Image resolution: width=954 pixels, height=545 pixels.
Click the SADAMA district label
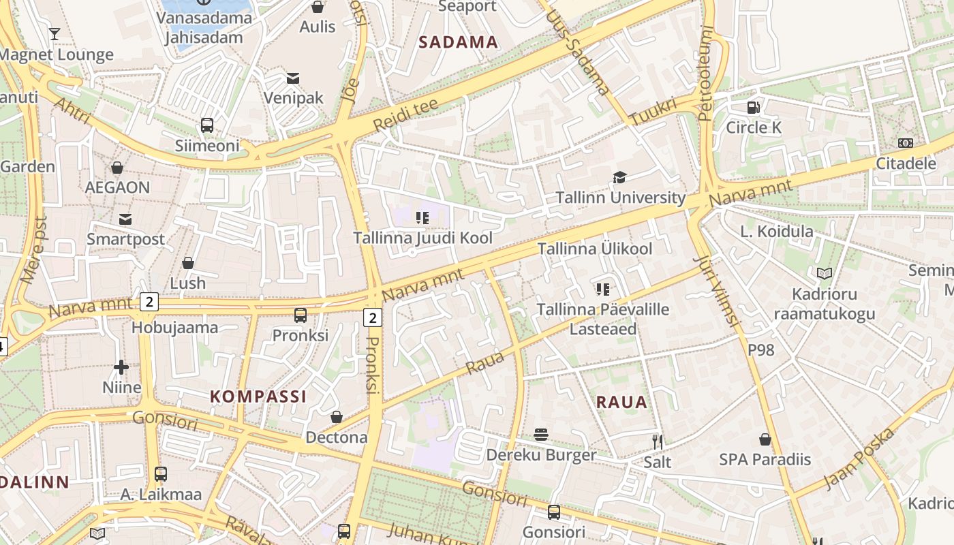click(458, 42)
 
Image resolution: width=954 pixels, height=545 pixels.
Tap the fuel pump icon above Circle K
click(753, 107)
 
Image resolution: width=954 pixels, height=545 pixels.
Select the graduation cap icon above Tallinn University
click(619, 178)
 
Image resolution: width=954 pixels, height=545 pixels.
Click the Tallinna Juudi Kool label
click(422, 238)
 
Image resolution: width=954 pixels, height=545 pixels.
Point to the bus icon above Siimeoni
click(207, 125)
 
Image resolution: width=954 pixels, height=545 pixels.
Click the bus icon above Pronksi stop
click(300, 315)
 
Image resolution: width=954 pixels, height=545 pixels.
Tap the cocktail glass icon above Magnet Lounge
click(55, 33)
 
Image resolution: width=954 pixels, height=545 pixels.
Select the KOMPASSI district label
click(258, 396)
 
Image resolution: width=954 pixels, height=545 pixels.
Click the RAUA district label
click(621, 402)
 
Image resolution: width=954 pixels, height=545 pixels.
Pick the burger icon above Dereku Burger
click(541, 435)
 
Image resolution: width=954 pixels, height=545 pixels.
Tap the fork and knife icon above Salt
click(657, 441)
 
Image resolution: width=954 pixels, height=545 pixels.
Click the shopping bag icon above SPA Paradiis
click(765, 439)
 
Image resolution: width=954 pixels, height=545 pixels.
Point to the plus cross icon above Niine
click(121, 367)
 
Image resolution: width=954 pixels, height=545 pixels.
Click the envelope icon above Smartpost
click(125, 219)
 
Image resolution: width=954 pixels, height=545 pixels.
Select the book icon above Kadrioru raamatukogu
click(825, 274)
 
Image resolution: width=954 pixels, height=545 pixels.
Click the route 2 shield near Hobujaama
click(149, 301)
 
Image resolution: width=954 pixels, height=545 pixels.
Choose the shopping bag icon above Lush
click(187, 262)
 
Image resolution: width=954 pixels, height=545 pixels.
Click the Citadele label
click(905, 163)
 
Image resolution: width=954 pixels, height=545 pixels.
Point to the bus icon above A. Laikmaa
click(161, 473)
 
